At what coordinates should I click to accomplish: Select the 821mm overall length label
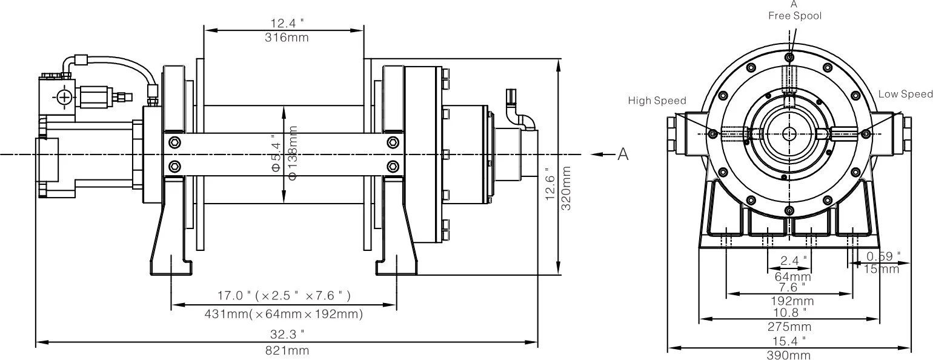pyautogui.click(x=287, y=351)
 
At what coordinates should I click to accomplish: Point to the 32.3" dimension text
pyautogui.click(x=287, y=334)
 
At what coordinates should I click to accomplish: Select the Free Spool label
pyautogui.click(x=795, y=16)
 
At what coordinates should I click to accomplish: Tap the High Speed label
pyautogui.click(x=657, y=101)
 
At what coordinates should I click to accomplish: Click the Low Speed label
pyautogui.click(x=906, y=94)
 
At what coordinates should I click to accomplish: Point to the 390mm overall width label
pyautogui.click(x=788, y=355)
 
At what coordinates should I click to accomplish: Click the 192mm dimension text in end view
pyautogui.click(x=788, y=301)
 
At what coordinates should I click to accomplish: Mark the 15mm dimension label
pyautogui.click(x=882, y=269)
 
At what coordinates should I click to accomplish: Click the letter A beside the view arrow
pyautogui.click(x=623, y=155)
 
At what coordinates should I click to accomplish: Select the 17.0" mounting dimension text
pyautogui.click(x=284, y=296)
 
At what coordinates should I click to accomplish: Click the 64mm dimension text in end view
pyautogui.click(x=788, y=276)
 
